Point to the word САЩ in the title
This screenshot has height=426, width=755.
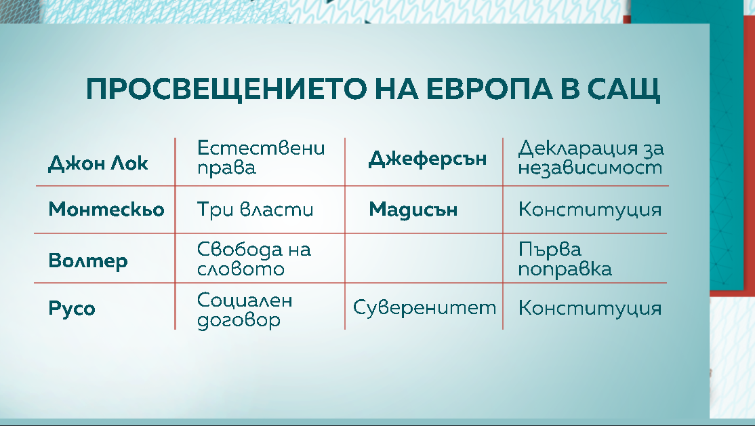click(621, 90)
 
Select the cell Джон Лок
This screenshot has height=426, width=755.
click(98, 163)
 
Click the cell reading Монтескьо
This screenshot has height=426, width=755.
click(106, 210)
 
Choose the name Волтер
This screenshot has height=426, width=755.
click(88, 260)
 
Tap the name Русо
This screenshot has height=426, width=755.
click(72, 309)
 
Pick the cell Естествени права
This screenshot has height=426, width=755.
click(261, 157)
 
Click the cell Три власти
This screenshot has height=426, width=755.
click(256, 210)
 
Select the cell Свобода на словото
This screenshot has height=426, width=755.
click(254, 259)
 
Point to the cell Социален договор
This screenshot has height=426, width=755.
click(245, 310)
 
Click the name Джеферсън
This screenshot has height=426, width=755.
click(428, 159)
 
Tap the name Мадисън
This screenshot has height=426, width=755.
click(413, 210)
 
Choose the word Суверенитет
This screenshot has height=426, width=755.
click(425, 308)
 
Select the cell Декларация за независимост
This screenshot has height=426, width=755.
click(591, 157)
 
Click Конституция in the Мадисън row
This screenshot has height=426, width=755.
click(590, 210)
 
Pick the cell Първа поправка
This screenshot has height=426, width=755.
click(565, 259)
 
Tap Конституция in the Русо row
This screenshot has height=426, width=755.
click(590, 309)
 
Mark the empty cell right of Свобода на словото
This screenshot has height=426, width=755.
click(424, 258)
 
